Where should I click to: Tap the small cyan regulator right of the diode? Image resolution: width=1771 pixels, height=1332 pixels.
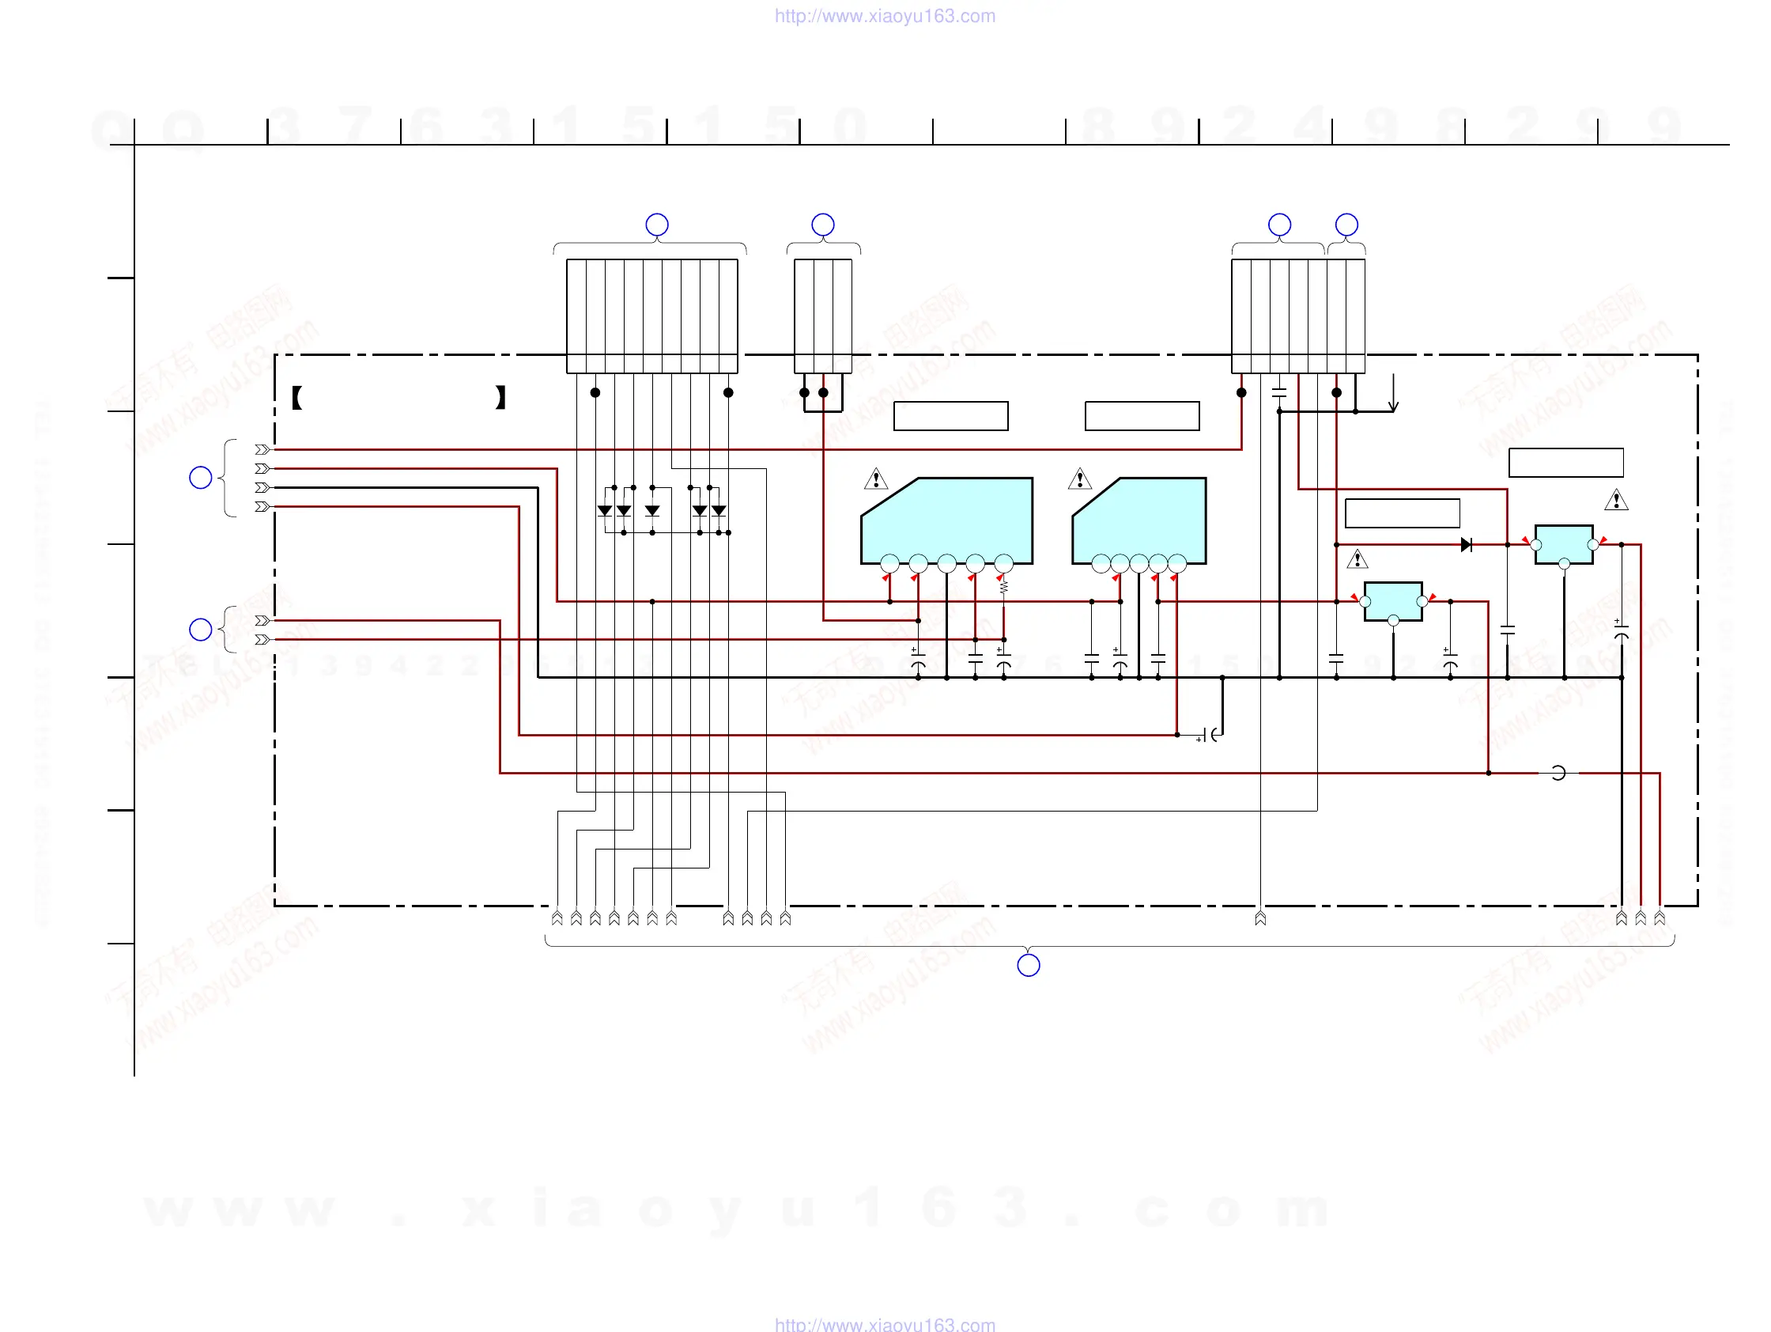[x=1564, y=544]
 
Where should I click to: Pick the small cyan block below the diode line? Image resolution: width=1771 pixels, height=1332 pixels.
[x=1393, y=600]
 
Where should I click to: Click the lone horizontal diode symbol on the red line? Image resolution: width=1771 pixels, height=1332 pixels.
[x=1466, y=545]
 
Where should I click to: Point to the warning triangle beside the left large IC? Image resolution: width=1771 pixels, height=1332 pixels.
[x=876, y=479]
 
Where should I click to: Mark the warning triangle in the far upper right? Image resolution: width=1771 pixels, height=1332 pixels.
[x=1616, y=501]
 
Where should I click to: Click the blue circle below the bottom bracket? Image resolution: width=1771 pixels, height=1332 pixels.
[x=1028, y=965]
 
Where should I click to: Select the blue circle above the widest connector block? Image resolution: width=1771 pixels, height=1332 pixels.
[x=656, y=225]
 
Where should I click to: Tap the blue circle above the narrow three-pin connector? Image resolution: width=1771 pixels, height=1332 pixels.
[x=822, y=225]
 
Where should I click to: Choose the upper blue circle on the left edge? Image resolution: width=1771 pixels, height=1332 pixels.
[x=200, y=478]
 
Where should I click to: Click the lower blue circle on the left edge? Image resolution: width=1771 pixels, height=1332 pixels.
[x=200, y=630]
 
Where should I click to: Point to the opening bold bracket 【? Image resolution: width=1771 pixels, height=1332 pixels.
[x=296, y=397]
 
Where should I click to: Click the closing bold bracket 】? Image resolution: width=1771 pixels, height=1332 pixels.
[x=500, y=397]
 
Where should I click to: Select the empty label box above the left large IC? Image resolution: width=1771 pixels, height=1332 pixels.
[x=950, y=416]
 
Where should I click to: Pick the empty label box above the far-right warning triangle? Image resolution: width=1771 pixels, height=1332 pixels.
[x=1565, y=462]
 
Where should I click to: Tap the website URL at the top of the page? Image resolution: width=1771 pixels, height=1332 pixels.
[x=885, y=16]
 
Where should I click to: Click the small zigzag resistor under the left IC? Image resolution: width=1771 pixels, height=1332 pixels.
[x=1003, y=587]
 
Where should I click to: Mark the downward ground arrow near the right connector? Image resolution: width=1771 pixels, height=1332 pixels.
[x=1393, y=395]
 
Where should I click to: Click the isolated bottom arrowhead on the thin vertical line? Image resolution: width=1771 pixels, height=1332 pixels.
[x=1260, y=918]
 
